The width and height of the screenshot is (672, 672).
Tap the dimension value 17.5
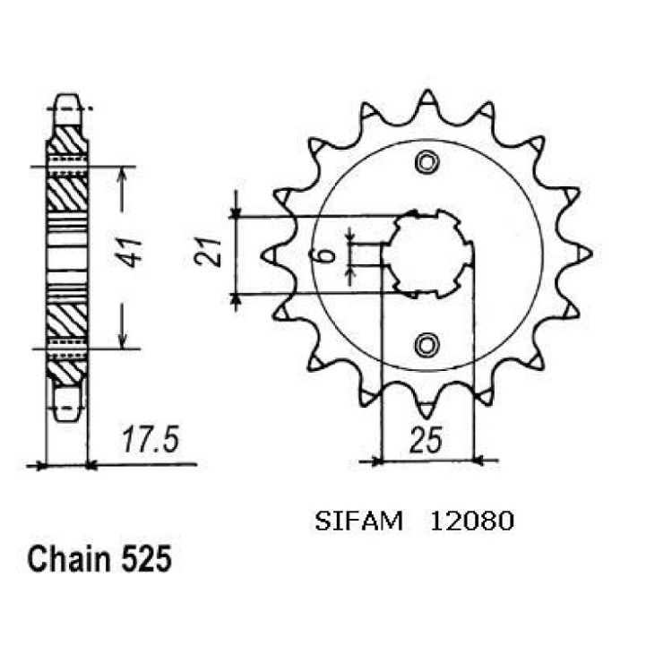click(x=150, y=439)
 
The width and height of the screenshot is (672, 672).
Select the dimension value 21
click(x=208, y=252)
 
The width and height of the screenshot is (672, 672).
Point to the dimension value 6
click(x=327, y=256)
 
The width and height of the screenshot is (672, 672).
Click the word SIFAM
click(x=358, y=521)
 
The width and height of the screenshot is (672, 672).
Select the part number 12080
click(x=472, y=521)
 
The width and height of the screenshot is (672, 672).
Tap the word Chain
click(x=69, y=558)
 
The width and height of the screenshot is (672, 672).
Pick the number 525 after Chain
click(x=147, y=559)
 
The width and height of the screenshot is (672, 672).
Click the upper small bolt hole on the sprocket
click(x=426, y=163)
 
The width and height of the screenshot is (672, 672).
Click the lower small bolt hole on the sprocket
click(x=426, y=345)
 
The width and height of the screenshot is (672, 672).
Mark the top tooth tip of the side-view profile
click(x=67, y=95)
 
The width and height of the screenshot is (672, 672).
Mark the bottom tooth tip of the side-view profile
click(x=67, y=420)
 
